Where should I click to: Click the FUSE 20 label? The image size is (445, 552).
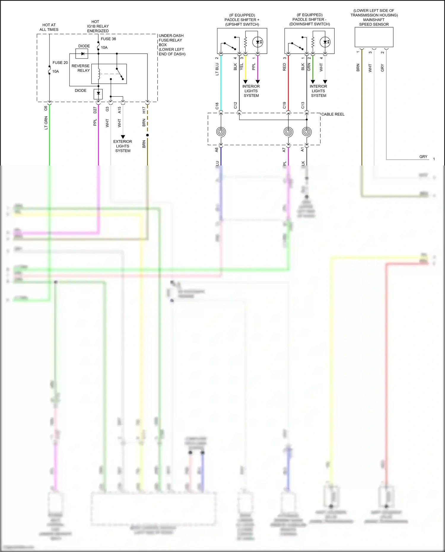[60, 63]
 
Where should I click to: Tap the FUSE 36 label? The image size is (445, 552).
[108, 39]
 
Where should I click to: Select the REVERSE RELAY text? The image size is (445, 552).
[80, 68]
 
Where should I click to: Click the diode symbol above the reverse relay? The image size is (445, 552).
[82, 54]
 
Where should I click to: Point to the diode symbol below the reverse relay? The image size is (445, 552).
[98, 94]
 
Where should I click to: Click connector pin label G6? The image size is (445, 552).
[46, 108]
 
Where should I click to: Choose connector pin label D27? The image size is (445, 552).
[95, 110]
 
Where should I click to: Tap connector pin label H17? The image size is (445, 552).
[144, 110]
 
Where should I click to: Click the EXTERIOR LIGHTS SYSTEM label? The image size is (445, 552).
[123, 146]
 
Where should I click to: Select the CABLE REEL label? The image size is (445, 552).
[333, 114]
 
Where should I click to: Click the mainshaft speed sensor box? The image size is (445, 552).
[374, 37]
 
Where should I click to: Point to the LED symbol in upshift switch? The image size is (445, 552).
[258, 42]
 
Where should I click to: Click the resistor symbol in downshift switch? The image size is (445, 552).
[313, 42]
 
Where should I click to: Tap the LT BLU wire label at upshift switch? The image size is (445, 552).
[217, 69]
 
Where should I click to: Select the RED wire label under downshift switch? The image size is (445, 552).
[284, 67]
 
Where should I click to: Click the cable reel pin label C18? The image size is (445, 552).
[217, 106]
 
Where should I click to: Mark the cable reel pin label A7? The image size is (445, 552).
[284, 150]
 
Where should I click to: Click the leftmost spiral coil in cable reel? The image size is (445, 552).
[221, 131]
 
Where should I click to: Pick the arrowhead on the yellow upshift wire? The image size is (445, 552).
[245, 82]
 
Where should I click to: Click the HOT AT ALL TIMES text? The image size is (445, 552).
[49, 27]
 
